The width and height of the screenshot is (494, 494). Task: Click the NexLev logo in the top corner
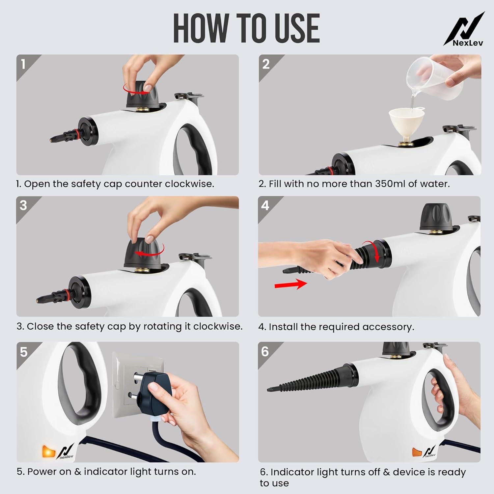click(464, 30)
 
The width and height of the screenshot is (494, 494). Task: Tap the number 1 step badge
click(23, 64)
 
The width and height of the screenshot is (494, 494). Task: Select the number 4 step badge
click(265, 206)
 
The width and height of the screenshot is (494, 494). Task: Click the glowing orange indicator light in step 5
click(48, 452)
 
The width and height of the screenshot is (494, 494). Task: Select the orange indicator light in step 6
click(417, 452)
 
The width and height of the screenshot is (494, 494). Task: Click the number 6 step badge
click(265, 352)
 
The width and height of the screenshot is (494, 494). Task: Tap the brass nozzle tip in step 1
click(51, 140)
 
